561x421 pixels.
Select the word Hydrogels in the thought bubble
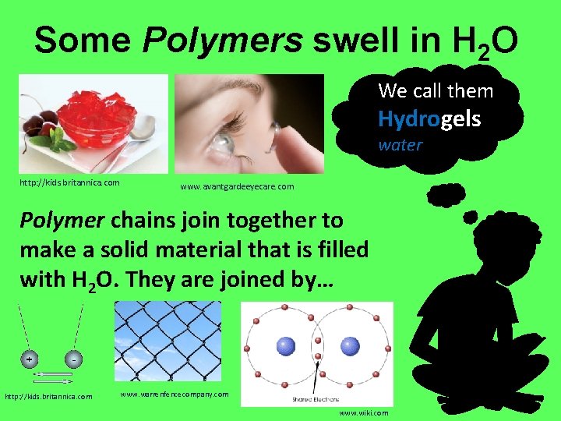click(x=429, y=119)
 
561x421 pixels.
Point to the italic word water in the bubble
click(x=400, y=145)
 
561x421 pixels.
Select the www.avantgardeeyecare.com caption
click(x=237, y=187)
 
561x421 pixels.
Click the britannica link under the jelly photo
click(x=69, y=183)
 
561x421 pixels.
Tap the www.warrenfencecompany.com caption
click(x=175, y=394)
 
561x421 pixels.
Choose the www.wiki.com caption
click(x=364, y=412)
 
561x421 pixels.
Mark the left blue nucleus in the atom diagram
click(x=287, y=345)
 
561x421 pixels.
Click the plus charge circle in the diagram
click(x=29, y=360)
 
